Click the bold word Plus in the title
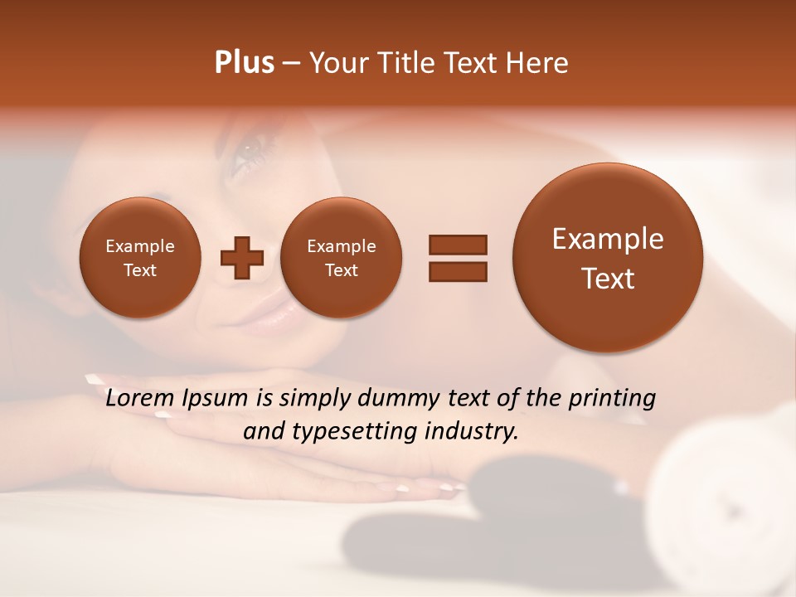[x=244, y=63]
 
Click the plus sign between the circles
[x=242, y=257]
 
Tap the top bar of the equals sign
[x=458, y=245]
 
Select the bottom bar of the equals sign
[x=458, y=271]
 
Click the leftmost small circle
[x=140, y=257]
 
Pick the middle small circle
[x=341, y=257]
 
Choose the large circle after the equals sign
[x=608, y=257]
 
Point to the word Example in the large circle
[x=608, y=239]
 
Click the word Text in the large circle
[x=608, y=279]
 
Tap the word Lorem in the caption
[x=141, y=398]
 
